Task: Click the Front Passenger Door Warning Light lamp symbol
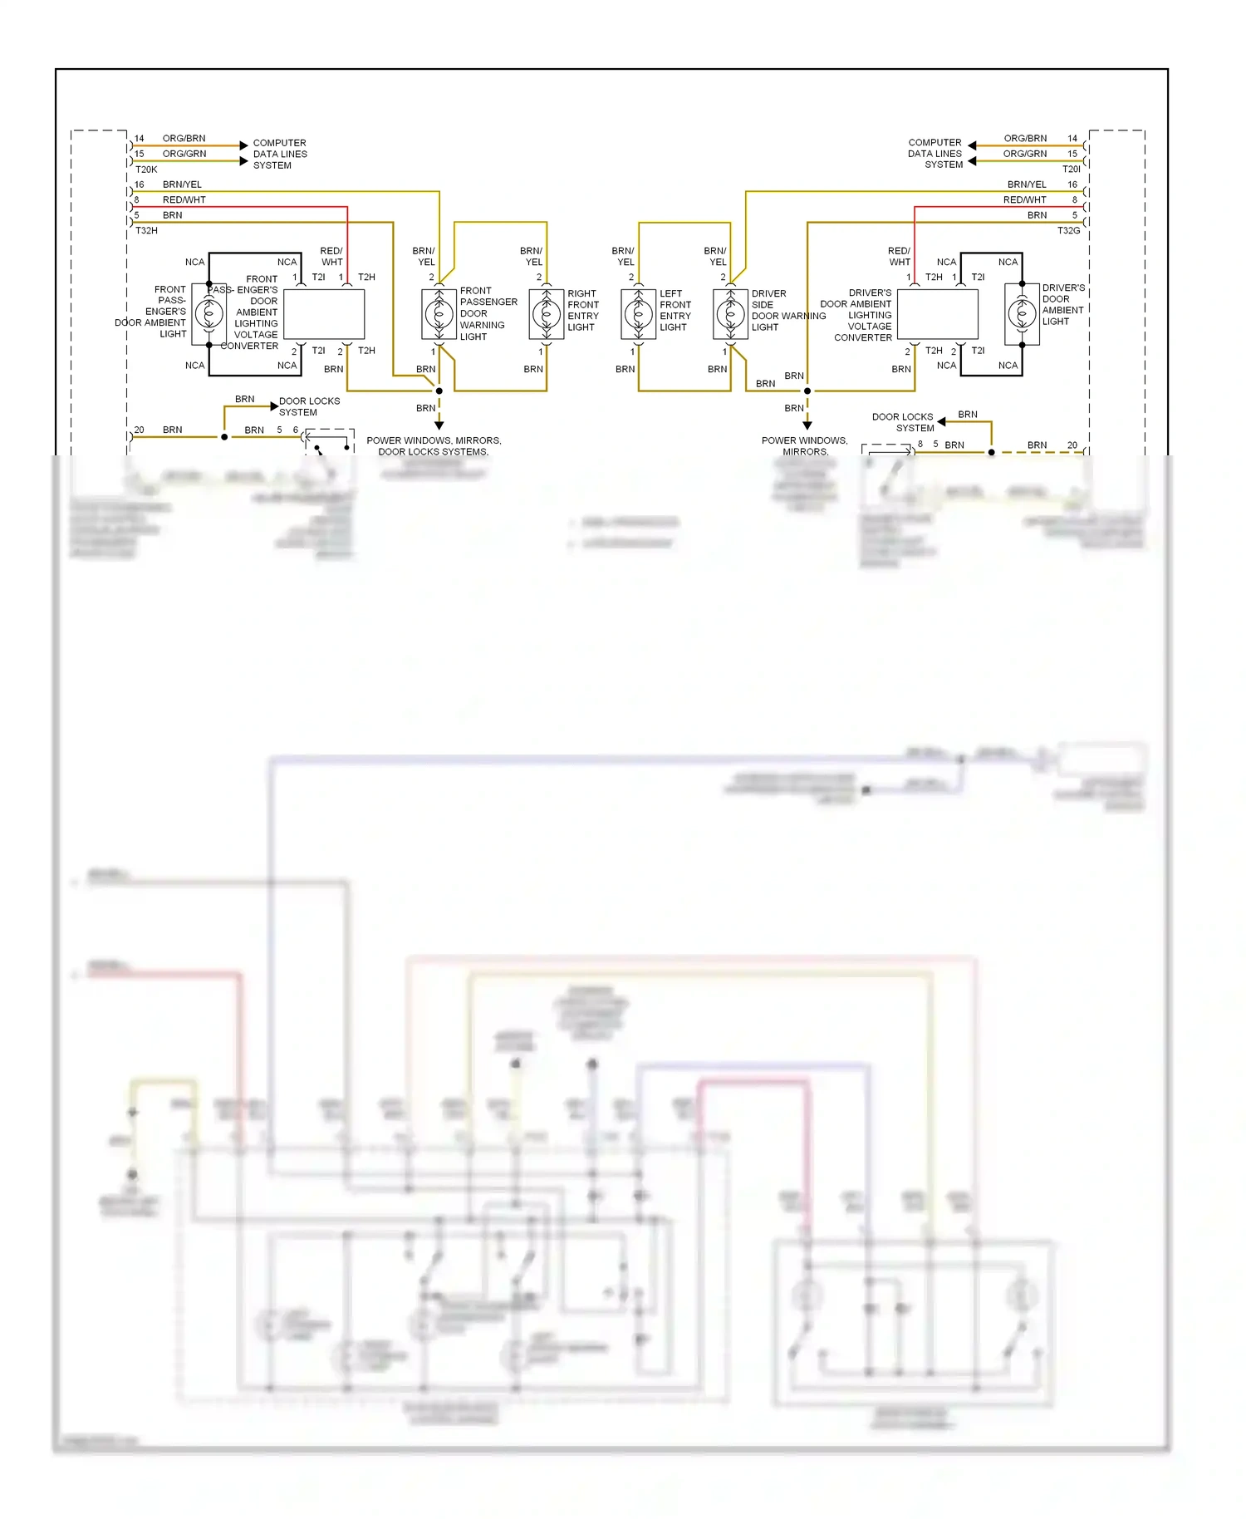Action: pos(439,314)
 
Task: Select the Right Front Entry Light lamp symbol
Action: pos(547,314)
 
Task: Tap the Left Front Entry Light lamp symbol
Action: pos(639,314)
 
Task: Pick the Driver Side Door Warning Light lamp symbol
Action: pos(731,314)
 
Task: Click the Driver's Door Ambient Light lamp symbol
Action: pos(1023,314)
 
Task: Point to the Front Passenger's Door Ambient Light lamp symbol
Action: pos(209,314)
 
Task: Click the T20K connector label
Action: pos(146,170)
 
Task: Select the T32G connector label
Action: pos(1068,230)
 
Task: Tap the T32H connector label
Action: pos(146,230)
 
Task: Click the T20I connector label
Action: pos(1071,170)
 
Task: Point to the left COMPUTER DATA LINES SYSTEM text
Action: pos(279,155)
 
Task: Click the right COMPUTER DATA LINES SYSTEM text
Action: pos(935,154)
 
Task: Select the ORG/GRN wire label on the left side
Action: pos(184,154)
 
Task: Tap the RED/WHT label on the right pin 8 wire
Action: pos(1024,199)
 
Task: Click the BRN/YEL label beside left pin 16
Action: pos(182,184)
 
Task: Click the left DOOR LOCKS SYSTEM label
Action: pos(308,406)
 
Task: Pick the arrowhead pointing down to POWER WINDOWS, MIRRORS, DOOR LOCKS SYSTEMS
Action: pos(439,425)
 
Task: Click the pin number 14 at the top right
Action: pos(1072,139)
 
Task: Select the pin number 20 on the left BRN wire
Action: pos(139,430)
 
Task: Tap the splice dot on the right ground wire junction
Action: pos(807,391)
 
